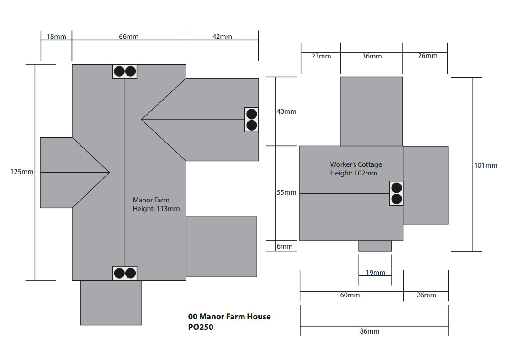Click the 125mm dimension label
click(22, 172)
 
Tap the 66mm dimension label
click(128, 37)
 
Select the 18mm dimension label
click(57, 37)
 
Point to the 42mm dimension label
click(222, 37)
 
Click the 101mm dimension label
click(485, 165)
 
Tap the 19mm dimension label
click(376, 273)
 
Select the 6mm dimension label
click(284, 246)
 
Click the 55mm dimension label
click(286, 192)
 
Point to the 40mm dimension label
click(286, 111)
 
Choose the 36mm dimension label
click(371, 56)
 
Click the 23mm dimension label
click(321, 56)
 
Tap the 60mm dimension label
click(350, 295)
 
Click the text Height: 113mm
click(156, 209)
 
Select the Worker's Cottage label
click(356, 164)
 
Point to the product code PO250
click(201, 327)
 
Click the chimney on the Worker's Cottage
click(396, 193)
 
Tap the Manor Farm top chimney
click(125, 71)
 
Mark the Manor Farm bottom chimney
click(125, 273)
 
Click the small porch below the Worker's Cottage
click(375, 246)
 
